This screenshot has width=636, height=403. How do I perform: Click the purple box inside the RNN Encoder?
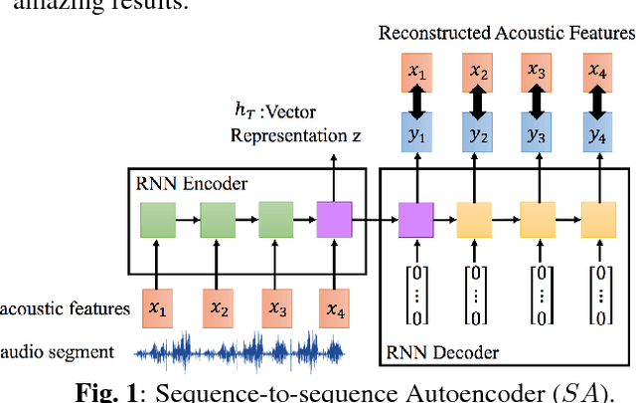(x=333, y=218)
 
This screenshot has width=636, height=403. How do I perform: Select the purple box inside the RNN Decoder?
(x=414, y=218)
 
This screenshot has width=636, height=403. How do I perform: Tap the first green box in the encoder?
(x=157, y=218)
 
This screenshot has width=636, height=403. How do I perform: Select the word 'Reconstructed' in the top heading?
(x=426, y=34)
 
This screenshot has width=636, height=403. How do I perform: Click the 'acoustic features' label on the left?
(x=66, y=309)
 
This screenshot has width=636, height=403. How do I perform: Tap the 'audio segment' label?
(x=57, y=351)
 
